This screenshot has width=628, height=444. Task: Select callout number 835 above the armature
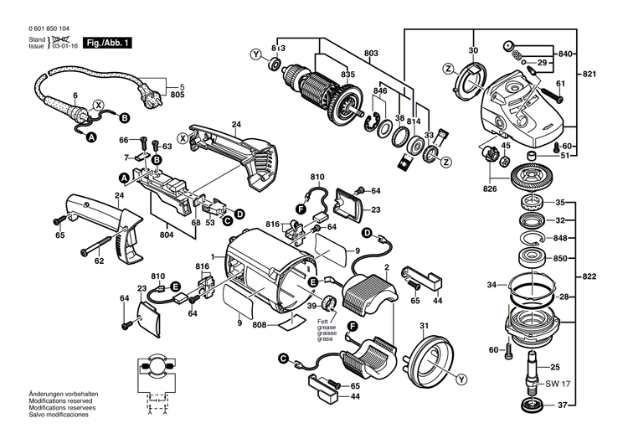tap(324, 75)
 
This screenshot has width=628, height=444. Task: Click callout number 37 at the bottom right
tap(562, 406)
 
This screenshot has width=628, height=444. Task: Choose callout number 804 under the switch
tap(168, 235)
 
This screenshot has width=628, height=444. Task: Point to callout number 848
tap(562, 238)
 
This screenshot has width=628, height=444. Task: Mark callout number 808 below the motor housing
tap(260, 325)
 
